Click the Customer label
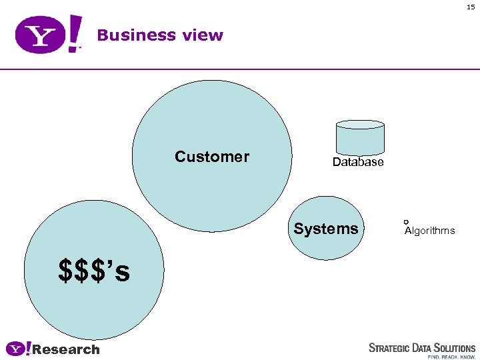[212, 157]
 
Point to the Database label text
[358, 163]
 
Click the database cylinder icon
[360, 137]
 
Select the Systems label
[326, 229]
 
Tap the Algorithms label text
[430, 231]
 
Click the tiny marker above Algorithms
[405, 221]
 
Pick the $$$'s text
[94, 270]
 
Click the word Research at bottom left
[66, 349]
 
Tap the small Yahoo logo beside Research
[19, 349]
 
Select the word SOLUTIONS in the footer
[454, 348]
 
